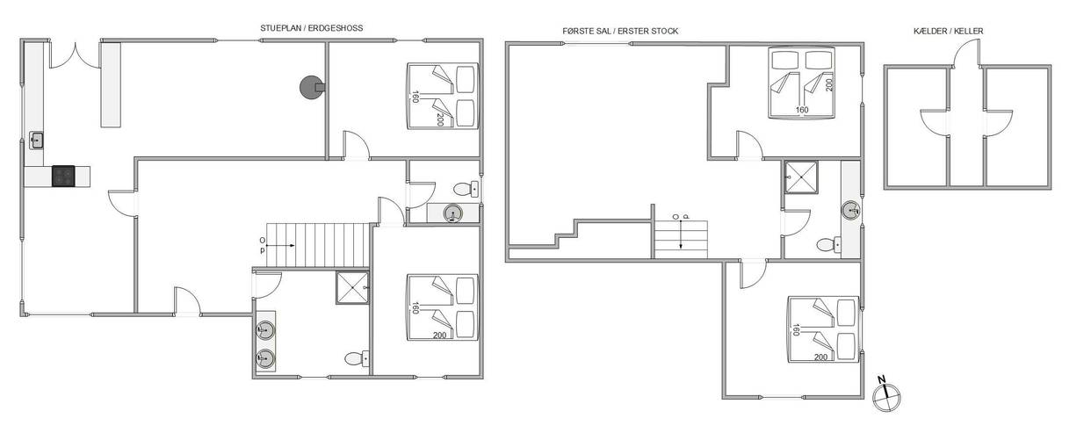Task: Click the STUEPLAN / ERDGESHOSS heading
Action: pyautogui.click(x=312, y=28)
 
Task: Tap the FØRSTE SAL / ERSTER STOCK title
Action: pyautogui.click(x=620, y=31)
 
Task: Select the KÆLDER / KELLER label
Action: pyautogui.click(x=948, y=31)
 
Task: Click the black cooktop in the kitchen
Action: pyautogui.click(x=63, y=177)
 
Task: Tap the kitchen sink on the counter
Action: pyautogui.click(x=36, y=141)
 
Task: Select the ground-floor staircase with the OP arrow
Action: pyautogui.click(x=318, y=245)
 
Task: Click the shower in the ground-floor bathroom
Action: pyautogui.click(x=353, y=287)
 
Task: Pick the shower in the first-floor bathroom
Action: pyautogui.click(x=801, y=177)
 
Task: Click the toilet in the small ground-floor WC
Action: pyautogui.click(x=466, y=189)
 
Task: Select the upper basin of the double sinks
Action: pyautogui.click(x=264, y=330)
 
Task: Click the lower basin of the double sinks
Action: pyautogui.click(x=264, y=358)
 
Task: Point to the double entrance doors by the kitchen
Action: pyautogui.click(x=75, y=56)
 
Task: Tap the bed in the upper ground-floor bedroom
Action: pyautogui.click(x=443, y=96)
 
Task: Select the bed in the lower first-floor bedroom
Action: pyautogui.click(x=823, y=329)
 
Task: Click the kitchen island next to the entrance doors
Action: pyautogui.click(x=111, y=85)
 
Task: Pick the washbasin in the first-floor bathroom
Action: pyautogui.click(x=850, y=211)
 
